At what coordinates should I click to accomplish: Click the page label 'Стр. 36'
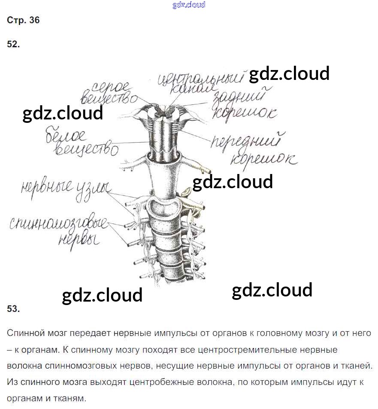23,20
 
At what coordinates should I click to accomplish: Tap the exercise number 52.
13,44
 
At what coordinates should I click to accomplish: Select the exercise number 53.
13,308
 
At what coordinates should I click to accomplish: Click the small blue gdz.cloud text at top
189,5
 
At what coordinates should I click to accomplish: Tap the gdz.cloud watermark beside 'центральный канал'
289,73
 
